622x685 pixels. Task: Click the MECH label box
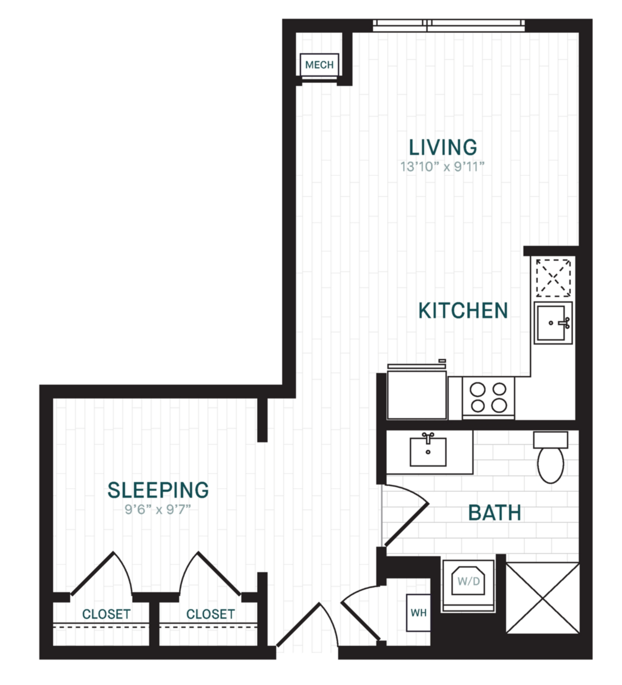(319, 65)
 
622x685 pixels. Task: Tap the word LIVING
(443, 147)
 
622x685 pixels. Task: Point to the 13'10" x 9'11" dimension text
(442, 167)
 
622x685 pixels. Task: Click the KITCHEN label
(463, 310)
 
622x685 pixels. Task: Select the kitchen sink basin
(551, 323)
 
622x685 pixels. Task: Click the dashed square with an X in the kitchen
(553, 277)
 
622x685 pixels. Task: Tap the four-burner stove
(488, 398)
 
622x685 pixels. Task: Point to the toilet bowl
(550, 465)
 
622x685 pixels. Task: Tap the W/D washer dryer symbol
(468, 581)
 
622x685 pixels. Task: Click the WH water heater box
(418, 613)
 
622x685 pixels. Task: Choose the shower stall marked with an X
(543, 598)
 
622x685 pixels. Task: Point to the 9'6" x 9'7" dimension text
(157, 510)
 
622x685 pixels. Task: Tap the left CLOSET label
(106, 614)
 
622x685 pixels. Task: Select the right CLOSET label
(210, 614)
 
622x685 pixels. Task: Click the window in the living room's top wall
(449, 26)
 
